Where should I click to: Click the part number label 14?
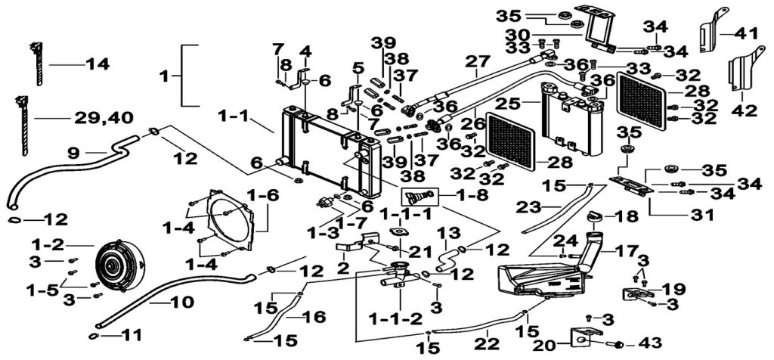coord(96,65)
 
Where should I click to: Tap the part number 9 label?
coord(73,151)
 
